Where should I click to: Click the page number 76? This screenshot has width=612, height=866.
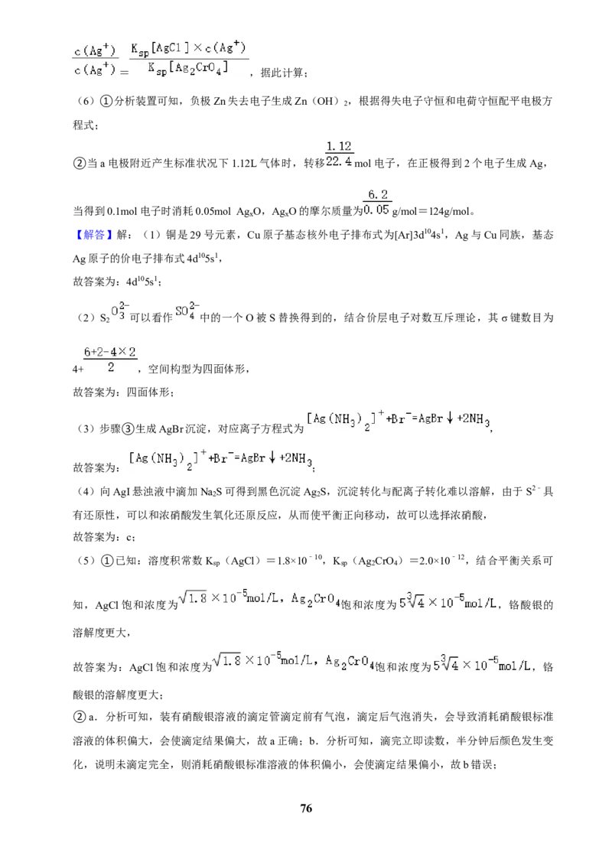click(306, 808)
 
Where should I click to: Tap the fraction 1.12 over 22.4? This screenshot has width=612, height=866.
click(339, 154)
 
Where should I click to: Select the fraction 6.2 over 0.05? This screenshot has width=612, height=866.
click(378, 202)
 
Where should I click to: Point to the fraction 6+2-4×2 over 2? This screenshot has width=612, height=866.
click(110, 360)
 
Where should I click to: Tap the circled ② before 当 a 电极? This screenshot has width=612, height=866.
click(79, 164)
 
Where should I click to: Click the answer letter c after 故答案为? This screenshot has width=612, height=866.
click(129, 537)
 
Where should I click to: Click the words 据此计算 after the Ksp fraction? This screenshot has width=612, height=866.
click(282, 73)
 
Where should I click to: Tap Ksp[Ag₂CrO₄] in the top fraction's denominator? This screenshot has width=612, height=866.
click(187, 68)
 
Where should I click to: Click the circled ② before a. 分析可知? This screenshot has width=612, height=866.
click(79, 717)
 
